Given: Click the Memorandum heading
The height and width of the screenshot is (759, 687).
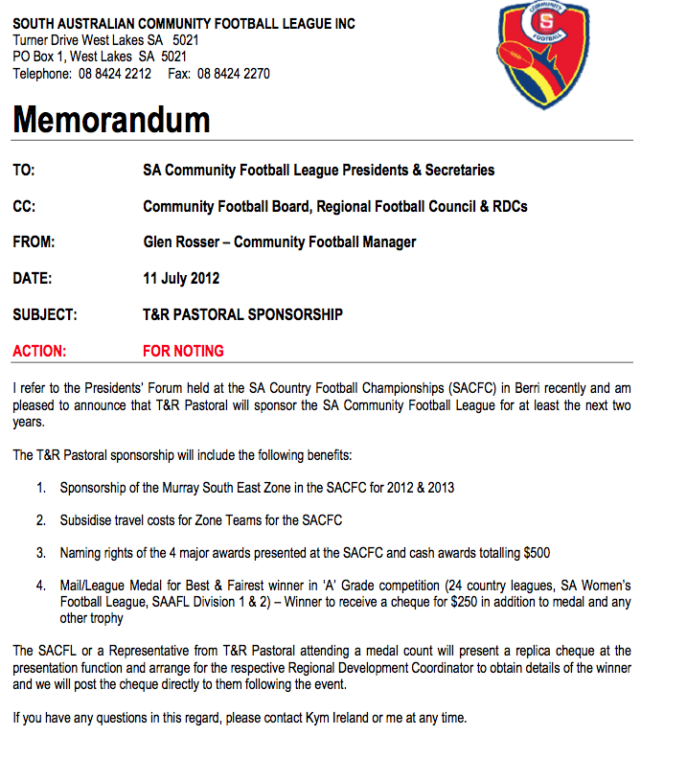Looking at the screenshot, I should [x=111, y=120].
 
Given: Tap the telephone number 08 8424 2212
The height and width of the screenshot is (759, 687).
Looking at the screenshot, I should [x=115, y=74].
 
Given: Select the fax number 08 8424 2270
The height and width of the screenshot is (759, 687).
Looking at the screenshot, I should [x=234, y=74].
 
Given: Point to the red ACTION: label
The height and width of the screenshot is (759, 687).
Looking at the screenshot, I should [x=39, y=351].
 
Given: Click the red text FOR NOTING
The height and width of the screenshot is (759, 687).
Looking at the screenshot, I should [x=183, y=351].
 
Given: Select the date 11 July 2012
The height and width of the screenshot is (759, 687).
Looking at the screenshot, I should [x=181, y=279].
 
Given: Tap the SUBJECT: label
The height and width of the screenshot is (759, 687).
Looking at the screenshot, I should [x=45, y=314].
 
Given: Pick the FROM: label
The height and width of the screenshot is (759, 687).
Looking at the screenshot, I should [x=34, y=242].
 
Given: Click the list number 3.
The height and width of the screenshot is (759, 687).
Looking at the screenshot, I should [x=41, y=553].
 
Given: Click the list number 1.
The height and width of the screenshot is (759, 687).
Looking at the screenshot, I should [x=41, y=488].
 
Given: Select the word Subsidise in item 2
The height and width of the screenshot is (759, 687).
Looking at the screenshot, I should [x=88, y=520].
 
